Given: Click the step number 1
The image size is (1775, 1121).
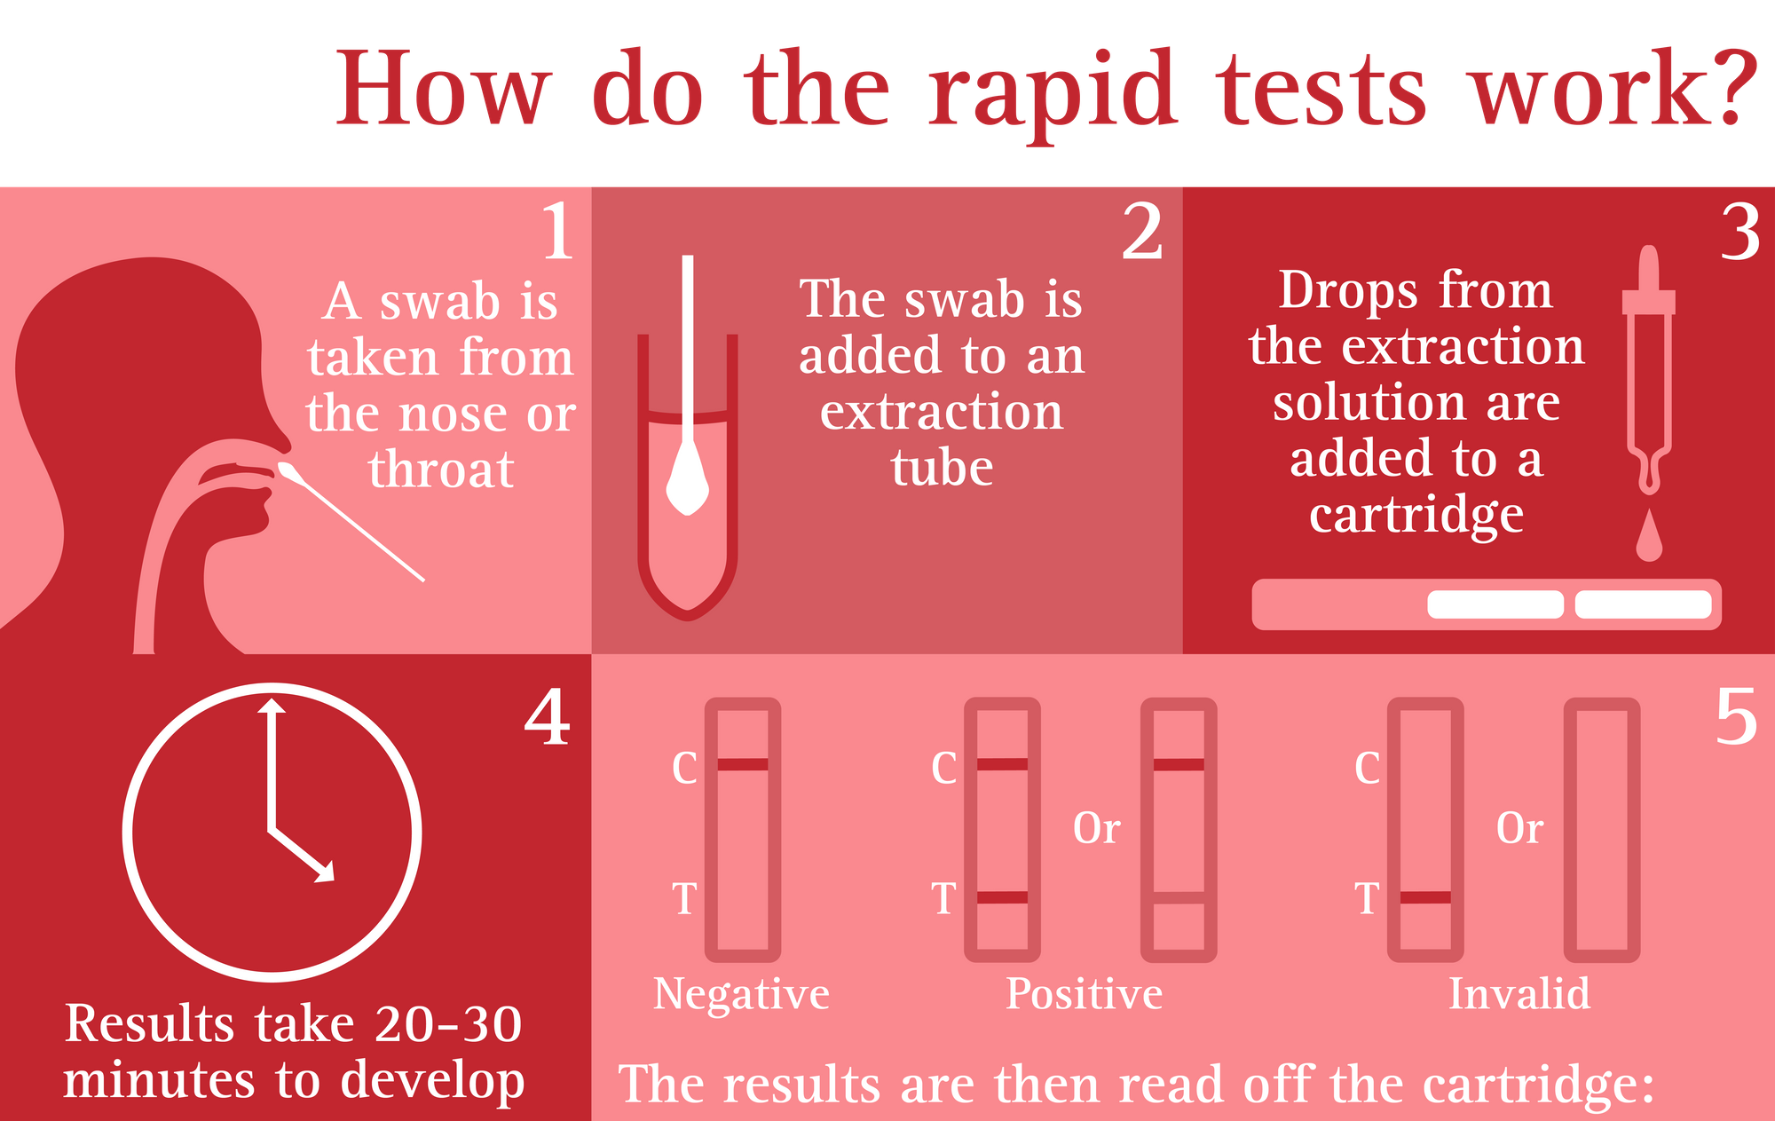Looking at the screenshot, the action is [x=558, y=231].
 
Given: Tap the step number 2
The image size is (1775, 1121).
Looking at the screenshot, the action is [x=1142, y=231].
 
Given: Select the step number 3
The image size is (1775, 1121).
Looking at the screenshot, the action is [x=1739, y=232].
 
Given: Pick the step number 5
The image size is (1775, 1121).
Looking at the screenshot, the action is [x=1735, y=717].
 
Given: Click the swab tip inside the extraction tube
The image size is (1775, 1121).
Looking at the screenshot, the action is [x=687, y=479].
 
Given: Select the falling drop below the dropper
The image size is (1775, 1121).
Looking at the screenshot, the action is [x=1649, y=534].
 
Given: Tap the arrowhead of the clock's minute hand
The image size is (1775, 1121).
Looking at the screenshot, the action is [x=272, y=705].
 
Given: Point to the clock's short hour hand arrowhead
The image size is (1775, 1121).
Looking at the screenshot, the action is [x=325, y=872].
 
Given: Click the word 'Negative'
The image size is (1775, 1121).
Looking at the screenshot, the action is [x=741, y=994].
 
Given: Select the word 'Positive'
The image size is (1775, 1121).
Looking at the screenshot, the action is [x=1084, y=994].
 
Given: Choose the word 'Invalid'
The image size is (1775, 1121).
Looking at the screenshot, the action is [x=1519, y=993].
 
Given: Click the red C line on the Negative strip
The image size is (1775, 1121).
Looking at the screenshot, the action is [x=743, y=764].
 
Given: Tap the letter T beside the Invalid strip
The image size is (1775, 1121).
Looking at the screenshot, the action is [x=1367, y=898].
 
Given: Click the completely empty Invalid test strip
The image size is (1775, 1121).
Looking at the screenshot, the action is [x=1602, y=830].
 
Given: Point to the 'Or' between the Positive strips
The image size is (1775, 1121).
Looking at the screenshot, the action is [x=1096, y=828].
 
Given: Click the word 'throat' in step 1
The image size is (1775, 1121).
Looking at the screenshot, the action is [x=441, y=470].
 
